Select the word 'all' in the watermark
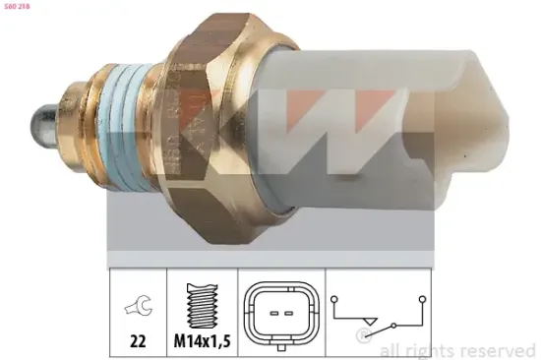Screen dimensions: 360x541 [x=391, y=348]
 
